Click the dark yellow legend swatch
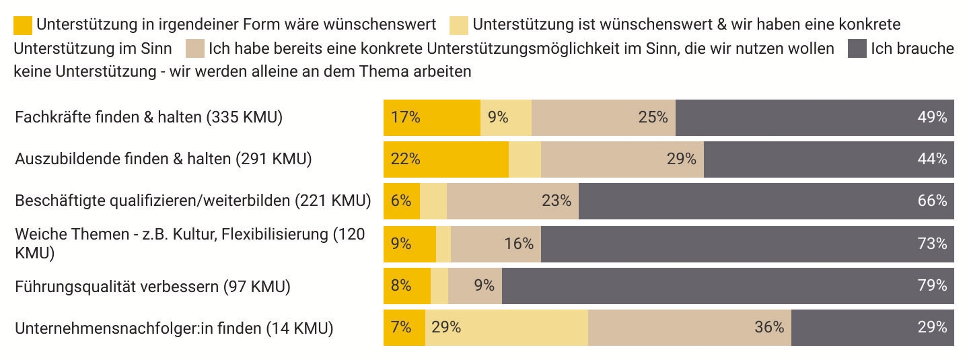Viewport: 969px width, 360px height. pos(23,25)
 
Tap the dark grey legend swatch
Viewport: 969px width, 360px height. pos(857,48)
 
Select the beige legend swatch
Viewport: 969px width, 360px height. pos(196,48)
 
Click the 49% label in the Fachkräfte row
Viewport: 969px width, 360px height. pos(932,117)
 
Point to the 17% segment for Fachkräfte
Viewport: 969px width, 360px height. pos(432,117)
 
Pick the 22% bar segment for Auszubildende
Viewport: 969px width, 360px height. pos(446,159)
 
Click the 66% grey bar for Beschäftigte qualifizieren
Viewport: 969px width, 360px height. pos(766,201)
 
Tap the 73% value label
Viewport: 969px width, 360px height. pos(932,243)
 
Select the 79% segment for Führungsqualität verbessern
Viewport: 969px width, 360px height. pos(727,285)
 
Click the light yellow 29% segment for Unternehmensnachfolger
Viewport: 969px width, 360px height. pos(506,328)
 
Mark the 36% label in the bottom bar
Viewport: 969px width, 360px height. pos(769,328)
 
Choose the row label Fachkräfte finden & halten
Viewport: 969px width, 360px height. pos(149,117)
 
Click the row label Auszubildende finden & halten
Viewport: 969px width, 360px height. pos(164,159)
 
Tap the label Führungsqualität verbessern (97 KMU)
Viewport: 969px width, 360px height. pos(153,287)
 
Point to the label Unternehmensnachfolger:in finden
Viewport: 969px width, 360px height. pos(174,329)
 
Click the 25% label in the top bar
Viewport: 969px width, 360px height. pos(653,117)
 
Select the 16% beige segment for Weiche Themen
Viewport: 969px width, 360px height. pos(496,243)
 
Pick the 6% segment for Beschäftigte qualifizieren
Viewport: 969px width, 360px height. pos(402,201)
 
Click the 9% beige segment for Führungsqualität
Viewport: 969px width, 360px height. pos(475,285)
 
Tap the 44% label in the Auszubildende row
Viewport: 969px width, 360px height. pos(932,159)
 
